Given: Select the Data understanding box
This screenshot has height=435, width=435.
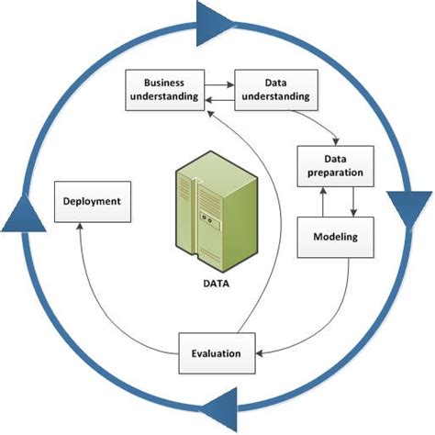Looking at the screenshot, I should [272, 90].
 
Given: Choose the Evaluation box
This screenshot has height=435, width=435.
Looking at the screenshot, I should [216, 352].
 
